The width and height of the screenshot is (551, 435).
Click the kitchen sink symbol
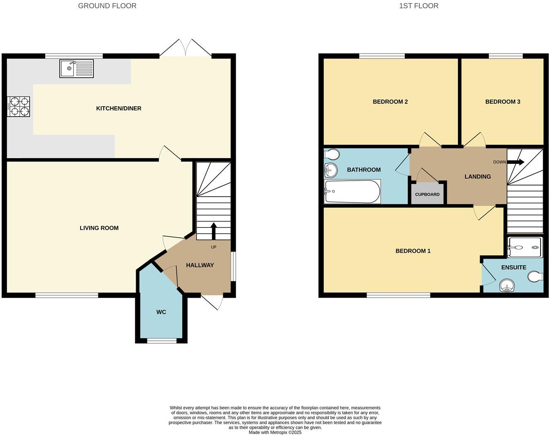click(x=77, y=68)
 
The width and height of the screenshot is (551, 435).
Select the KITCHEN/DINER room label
click(x=119, y=108)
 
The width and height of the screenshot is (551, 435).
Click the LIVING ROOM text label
click(x=99, y=228)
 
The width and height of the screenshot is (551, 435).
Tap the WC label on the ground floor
click(x=161, y=312)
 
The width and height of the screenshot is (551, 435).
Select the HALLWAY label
click(x=200, y=265)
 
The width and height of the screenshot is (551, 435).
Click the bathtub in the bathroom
click(x=352, y=192)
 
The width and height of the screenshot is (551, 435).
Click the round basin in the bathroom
click(x=331, y=170)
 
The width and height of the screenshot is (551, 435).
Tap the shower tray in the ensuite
click(x=524, y=247)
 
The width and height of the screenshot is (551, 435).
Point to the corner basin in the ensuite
click(x=507, y=286)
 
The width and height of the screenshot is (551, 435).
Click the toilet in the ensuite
click(x=536, y=276)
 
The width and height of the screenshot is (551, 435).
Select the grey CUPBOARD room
click(x=427, y=194)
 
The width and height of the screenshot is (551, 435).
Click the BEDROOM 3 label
click(x=502, y=102)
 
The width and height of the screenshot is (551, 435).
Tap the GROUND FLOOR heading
click(x=107, y=6)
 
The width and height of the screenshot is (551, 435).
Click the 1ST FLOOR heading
click(x=419, y=6)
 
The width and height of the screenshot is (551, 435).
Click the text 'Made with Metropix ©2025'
click(x=275, y=432)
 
